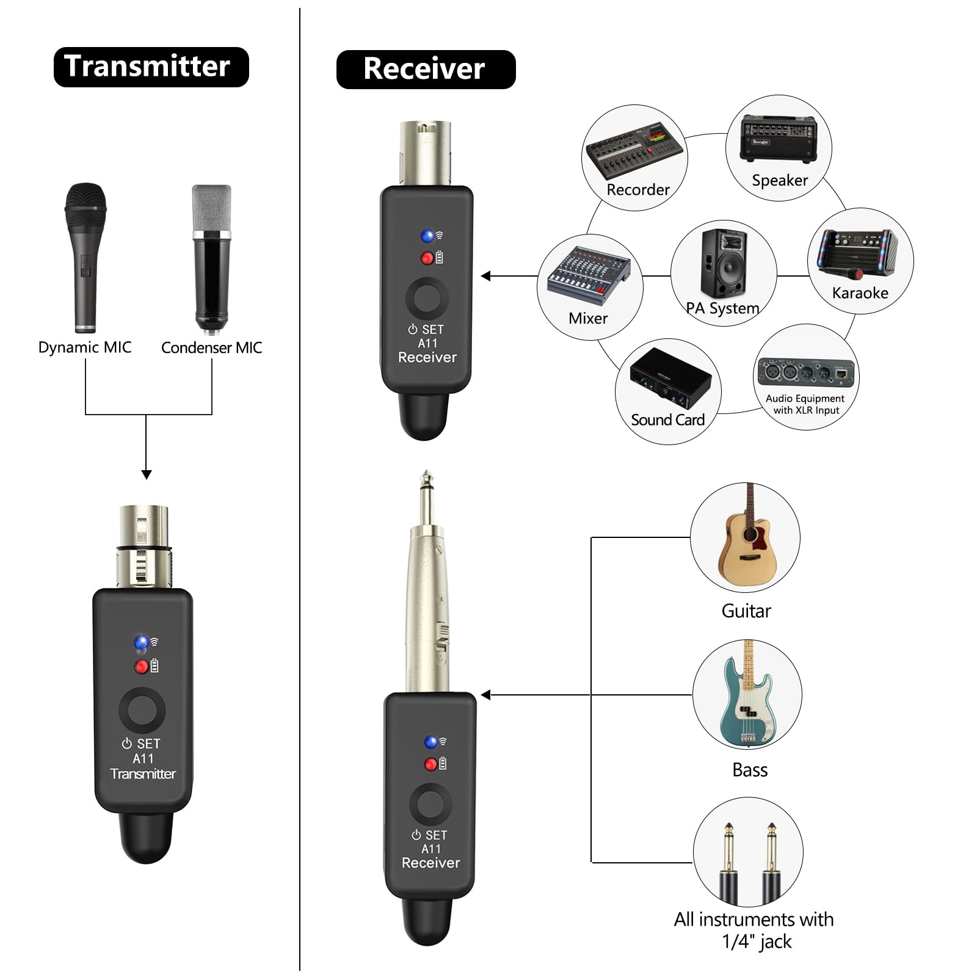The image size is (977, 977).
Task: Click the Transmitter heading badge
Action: coord(151,67)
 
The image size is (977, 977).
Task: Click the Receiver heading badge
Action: coord(426,69)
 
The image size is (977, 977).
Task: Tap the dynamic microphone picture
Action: coord(85,257)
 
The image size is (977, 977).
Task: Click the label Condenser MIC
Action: coord(211,347)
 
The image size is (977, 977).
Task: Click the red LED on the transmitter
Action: coord(141,667)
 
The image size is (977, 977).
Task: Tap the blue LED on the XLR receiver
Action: coord(427,236)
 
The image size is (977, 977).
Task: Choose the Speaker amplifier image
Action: coord(779,139)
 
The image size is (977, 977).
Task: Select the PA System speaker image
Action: coord(724,263)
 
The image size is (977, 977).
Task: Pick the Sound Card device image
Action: coord(670,379)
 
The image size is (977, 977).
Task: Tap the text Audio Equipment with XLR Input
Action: coord(805,404)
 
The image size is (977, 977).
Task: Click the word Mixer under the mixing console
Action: coord(588,318)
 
